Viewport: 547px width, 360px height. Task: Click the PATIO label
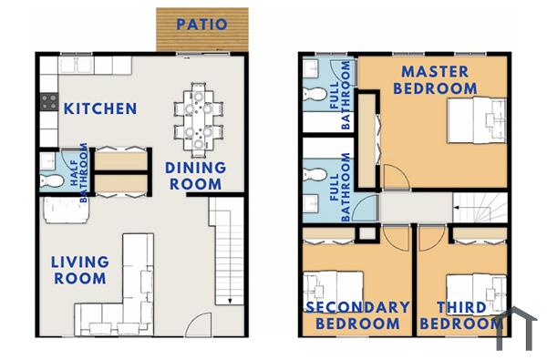[201, 25]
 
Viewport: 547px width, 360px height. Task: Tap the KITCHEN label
[100, 108]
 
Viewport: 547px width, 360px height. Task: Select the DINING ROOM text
[195, 175]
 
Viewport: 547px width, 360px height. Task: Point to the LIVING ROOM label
[80, 270]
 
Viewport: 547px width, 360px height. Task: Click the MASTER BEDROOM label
[434, 79]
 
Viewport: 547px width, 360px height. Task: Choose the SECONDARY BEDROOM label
[356, 315]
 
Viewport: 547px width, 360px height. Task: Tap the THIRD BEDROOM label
[461, 315]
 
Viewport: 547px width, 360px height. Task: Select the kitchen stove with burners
[47, 102]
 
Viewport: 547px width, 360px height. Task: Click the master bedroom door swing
[392, 177]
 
